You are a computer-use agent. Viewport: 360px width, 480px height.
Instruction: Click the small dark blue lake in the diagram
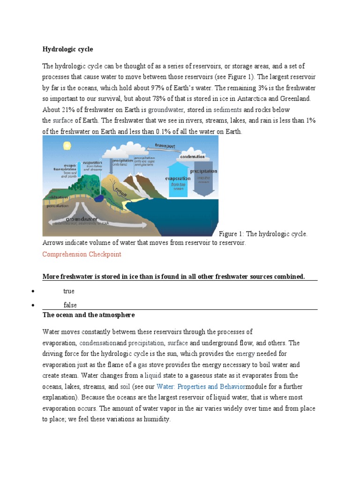tap(100, 198)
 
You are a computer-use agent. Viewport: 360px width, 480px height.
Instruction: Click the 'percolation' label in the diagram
tap(55, 205)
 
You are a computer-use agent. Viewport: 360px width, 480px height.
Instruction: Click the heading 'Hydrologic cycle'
tap(67, 49)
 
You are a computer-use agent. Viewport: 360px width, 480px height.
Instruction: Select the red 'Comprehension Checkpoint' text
tap(82, 254)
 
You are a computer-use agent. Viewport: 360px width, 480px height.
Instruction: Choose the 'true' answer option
tap(69, 291)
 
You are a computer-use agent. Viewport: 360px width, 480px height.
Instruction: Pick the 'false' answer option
tap(70, 305)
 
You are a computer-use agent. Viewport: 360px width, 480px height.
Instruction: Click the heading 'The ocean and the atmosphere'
tap(89, 314)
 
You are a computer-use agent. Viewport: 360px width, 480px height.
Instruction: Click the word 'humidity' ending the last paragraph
tap(157, 420)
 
